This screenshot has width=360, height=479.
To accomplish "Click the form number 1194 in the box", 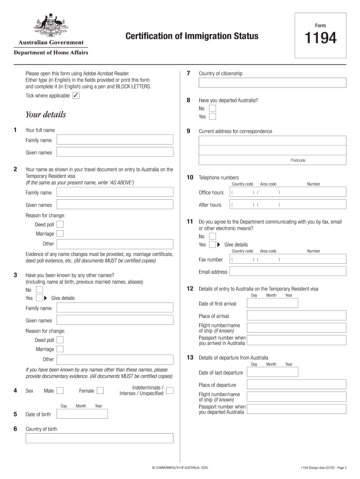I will (321, 39).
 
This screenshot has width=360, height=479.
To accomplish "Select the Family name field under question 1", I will (115, 140).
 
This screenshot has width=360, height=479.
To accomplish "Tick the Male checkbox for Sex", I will (64, 391).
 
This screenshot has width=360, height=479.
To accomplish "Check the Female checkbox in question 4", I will (100, 391).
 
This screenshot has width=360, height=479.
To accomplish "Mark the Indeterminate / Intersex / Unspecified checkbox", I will (170, 390).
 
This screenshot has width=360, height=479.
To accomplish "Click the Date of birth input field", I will (82, 414).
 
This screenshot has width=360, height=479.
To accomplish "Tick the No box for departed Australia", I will (212, 108).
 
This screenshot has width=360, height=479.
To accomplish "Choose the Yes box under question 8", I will (212, 116).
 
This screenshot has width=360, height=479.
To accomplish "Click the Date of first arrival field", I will (273, 304).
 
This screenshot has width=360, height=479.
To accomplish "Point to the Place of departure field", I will (296, 385).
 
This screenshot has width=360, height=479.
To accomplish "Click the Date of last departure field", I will (273, 372).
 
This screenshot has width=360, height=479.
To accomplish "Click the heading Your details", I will (46, 115).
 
